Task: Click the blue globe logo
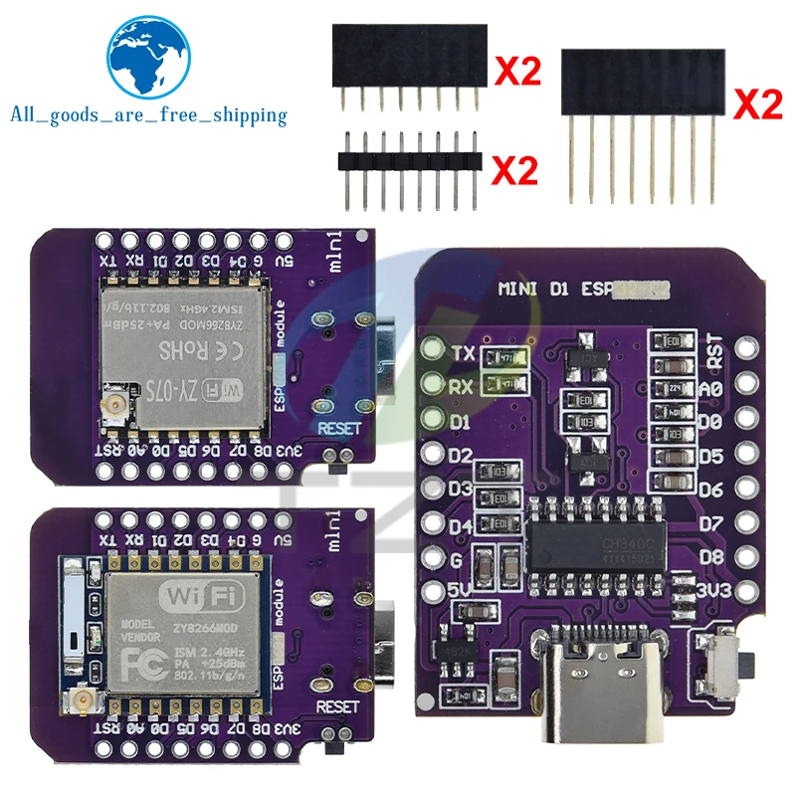point(150,61)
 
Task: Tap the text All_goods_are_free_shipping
point(148,116)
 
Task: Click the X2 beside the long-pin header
point(757,105)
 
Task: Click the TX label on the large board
point(463,353)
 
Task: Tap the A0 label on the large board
point(711,390)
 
